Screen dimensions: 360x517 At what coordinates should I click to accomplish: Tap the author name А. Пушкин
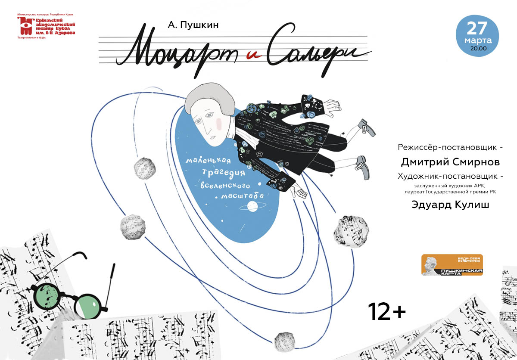(194, 25)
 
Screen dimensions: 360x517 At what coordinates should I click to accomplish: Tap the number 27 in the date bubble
(477, 28)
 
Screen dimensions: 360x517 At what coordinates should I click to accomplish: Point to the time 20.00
(478, 49)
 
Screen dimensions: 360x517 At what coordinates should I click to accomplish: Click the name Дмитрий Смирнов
(451, 162)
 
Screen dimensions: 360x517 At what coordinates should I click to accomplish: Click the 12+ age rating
(386, 311)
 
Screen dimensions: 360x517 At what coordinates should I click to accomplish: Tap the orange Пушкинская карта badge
(452, 265)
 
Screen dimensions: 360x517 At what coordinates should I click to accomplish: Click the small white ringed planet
(252, 206)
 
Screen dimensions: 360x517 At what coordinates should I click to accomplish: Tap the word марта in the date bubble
(477, 40)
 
